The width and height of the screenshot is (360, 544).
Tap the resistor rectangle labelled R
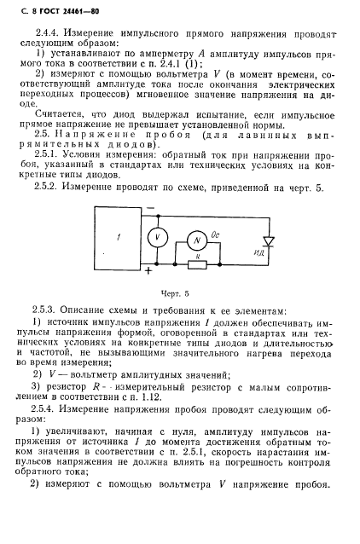(198, 264)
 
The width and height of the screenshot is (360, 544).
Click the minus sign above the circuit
(150, 207)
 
